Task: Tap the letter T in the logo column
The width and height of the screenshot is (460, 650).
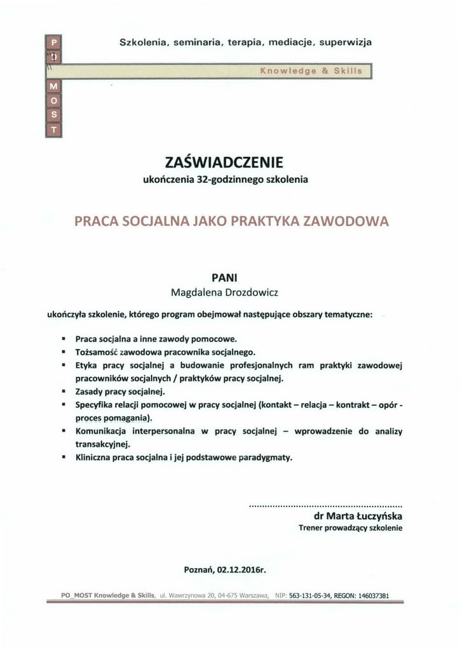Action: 53,129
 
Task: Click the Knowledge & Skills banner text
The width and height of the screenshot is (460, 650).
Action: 311,71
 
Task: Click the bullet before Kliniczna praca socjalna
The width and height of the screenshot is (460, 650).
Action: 64,457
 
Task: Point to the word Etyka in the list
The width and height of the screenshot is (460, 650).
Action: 87,365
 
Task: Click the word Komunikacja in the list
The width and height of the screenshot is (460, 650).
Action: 102,431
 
